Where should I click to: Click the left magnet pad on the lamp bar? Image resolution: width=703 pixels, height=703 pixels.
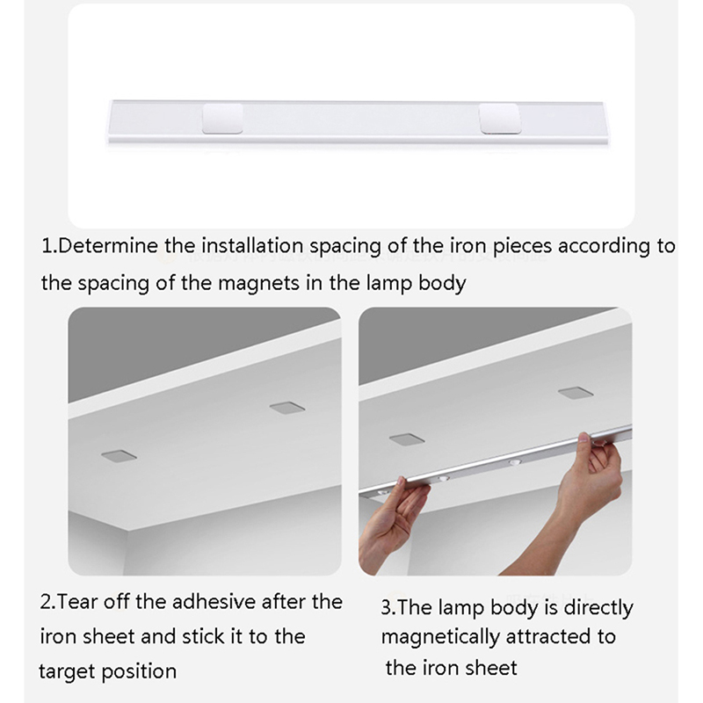pyautogui.click(x=222, y=119)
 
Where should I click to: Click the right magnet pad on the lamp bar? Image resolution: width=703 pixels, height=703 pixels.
pyautogui.click(x=499, y=119)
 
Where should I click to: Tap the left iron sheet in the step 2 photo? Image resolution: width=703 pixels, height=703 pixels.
pyautogui.click(x=119, y=456)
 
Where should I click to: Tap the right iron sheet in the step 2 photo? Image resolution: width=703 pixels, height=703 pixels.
pyautogui.click(x=287, y=408)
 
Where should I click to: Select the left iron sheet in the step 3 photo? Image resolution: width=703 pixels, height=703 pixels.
pyautogui.click(x=407, y=439)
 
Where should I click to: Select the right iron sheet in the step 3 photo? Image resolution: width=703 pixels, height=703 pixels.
pyautogui.click(x=576, y=393)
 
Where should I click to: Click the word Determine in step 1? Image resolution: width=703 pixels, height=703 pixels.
pyautogui.click(x=108, y=246)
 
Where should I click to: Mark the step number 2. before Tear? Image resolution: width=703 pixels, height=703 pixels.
pyautogui.click(x=47, y=602)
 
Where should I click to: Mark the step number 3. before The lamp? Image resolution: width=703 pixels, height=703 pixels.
pyautogui.click(x=388, y=608)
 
